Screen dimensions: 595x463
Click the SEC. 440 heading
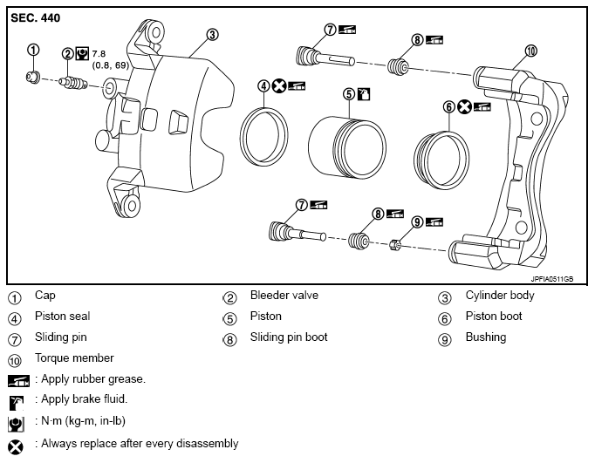pyautogui.click(x=35, y=17)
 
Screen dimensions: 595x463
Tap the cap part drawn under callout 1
pyautogui.click(x=32, y=77)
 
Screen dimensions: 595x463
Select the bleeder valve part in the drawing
pyautogui.click(x=73, y=83)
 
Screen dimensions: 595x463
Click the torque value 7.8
pyautogui.click(x=99, y=54)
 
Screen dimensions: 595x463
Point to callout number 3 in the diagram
pyautogui.click(x=212, y=35)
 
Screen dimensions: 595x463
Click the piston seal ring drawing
pyautogui.click(x=263, y=137)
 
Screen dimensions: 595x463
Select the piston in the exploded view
pyautogui.click(x=347, y=147)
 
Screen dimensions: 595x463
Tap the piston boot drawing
pyautogui.click(x=441, y=160)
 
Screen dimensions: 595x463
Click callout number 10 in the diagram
pyautogui.click(x=530, y=51)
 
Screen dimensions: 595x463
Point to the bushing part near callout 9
pyautogui.click(x=395, y=246)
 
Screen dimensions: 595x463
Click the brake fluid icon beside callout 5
pyautogui.click(x=364, y=93)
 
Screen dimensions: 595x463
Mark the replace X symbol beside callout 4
pyautogui.click(x=279, y=86)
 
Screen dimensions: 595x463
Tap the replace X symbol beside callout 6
pyautogui.click(x=464, y=106)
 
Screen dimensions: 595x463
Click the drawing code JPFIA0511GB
pyautogui.click(x=551, y=279)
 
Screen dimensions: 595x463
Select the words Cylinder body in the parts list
pyautogui.click(x=500, y=296)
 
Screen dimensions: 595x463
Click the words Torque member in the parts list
pyautogui.click(x=74, y=358)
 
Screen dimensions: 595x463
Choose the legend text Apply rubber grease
pyautogui.click(x=93, y=378)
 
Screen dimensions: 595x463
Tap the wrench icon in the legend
pyautogui.click(x=16, y=424)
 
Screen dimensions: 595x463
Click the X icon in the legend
pyautogui.click(x=16, y=447)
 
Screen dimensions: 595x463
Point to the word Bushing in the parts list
pyautogui.click(x=486, y=337)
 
